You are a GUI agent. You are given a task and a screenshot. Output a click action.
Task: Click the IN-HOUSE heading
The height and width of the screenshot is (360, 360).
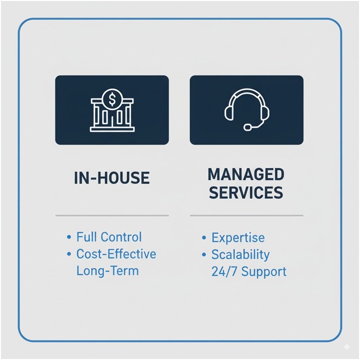111,178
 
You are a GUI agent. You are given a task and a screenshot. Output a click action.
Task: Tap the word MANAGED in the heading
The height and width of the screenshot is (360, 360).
246,175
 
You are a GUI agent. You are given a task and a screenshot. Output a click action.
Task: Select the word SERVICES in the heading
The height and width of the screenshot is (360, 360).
246,193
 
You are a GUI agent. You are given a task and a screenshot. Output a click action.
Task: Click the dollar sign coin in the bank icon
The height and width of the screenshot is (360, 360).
112,96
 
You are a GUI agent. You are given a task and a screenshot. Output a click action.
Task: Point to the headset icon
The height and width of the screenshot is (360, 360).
247,109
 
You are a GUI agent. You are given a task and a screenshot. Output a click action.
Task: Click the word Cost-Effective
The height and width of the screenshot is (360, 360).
116,254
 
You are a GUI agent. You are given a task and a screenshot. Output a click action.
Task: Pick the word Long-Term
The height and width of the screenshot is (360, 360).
107,270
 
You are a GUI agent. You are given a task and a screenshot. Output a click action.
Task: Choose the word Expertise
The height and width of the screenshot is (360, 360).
238,237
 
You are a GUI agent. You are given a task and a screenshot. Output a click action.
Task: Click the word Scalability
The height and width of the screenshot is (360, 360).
241,254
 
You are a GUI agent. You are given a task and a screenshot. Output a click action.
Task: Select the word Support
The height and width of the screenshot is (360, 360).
263,271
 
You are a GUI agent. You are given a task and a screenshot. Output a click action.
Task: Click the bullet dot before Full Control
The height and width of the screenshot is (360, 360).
69,237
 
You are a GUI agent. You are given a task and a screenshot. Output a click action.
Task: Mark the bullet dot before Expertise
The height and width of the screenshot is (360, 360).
204,237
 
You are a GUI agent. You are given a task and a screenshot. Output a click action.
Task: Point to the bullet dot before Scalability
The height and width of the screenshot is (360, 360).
204,254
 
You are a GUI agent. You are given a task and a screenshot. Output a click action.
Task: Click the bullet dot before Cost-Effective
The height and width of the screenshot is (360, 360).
69,254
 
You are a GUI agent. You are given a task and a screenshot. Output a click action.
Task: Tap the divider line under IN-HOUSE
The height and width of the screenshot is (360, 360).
111,215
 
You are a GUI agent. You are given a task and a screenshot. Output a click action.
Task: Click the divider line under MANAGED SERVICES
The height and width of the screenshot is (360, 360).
247,215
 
